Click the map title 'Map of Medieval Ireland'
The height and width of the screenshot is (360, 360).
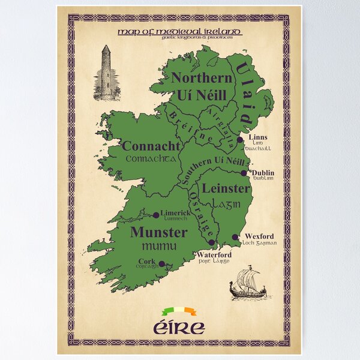pos(180,31)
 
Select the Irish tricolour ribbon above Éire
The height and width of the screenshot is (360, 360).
pos(180,311)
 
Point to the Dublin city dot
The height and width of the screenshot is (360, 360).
pos(244,173)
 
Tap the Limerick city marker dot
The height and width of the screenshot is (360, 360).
pos(156,215)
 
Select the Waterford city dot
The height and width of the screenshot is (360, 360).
pos(211,242)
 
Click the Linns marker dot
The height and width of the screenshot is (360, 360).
pos(240,139)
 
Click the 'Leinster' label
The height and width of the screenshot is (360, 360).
pos(226,188)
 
